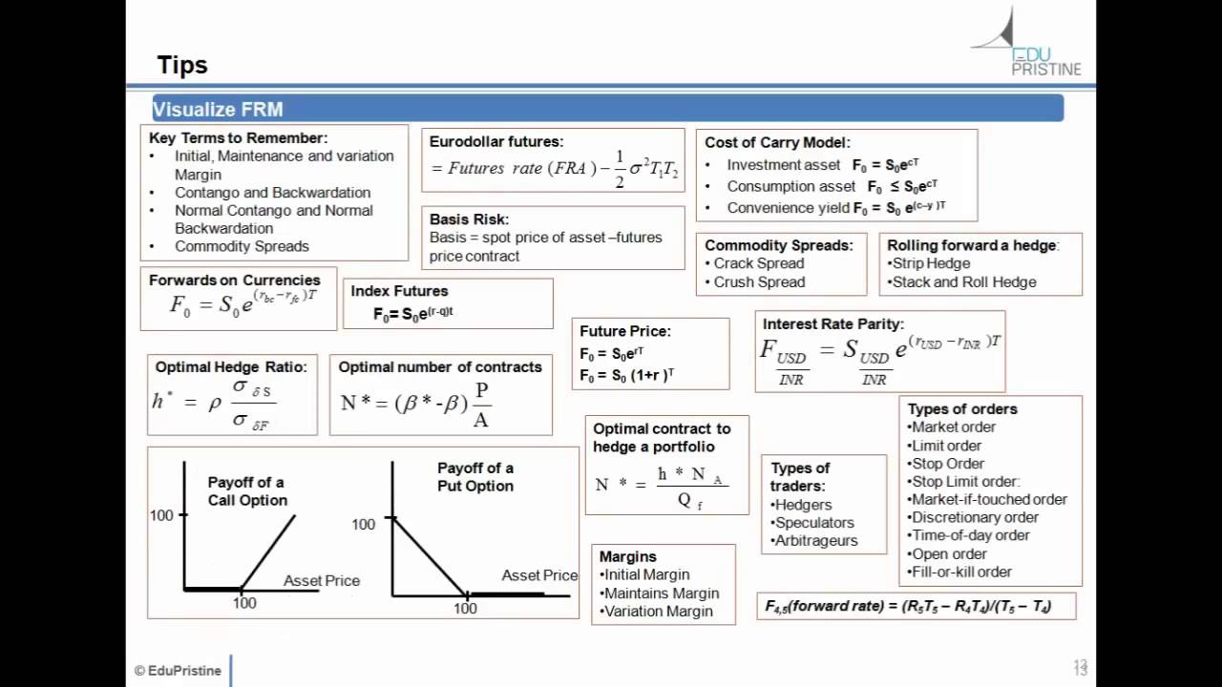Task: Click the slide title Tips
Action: [x=182, y=65]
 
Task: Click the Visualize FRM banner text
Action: [x=218, y=110]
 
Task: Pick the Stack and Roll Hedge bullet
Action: [x=963, y=282]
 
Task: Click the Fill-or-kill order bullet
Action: [x=960, y=572]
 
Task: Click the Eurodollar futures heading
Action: [x=496, y=142]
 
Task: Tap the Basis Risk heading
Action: [x=469, y=219]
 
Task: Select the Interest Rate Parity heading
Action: [x=833, y=324]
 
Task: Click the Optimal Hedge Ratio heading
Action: [x=231, y=367]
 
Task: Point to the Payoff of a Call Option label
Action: [x=247, y=491]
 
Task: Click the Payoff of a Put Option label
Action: [x=475, y=477]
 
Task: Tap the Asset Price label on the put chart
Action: [x=539, y=575]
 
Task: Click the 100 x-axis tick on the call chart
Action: [x=244, y=603]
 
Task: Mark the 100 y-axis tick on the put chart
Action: [x=364, y=524]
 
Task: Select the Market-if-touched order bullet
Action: [x=988, y=500]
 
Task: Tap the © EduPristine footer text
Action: [x=178, y=671]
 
